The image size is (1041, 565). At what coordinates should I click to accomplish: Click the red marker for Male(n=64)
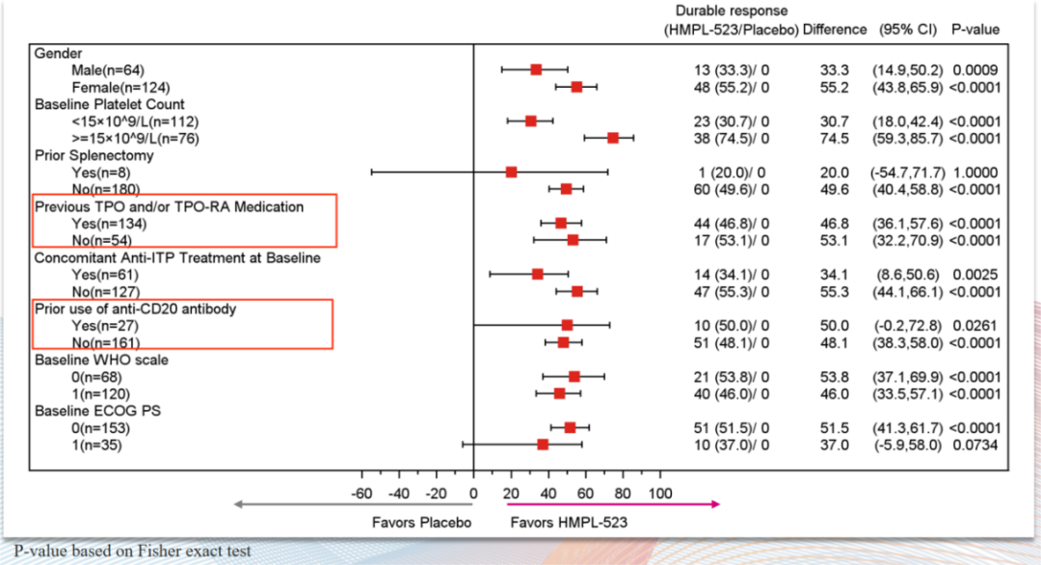click(x=536, y=69)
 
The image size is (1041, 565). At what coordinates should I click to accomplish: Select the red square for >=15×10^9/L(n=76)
click(x=613, y=138)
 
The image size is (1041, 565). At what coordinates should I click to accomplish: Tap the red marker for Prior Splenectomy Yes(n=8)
click(x=511, y=172)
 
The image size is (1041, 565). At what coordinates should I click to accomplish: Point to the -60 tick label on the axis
click(x=362, y=494)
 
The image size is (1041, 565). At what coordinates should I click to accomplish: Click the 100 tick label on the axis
click(x=660, y=494)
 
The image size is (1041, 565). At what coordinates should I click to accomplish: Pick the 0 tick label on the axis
click(x=473, y=494)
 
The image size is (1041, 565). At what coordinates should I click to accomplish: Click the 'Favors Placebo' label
click(x=421, y=523)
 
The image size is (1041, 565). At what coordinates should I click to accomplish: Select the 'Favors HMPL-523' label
click(x=562, y=523)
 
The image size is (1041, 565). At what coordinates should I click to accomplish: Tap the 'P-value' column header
click(x=975, y=30)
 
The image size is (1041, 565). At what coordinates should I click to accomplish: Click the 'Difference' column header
click(x=835, y=30)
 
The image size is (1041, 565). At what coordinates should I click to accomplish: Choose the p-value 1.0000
click(x=974, y=172)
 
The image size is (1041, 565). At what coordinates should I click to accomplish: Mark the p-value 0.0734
click(x=974, y=444)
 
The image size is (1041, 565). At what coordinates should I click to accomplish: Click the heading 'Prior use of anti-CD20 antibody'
click(x=136, y=309)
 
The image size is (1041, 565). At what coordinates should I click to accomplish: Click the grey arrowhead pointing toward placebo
click(x=237, y=503)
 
